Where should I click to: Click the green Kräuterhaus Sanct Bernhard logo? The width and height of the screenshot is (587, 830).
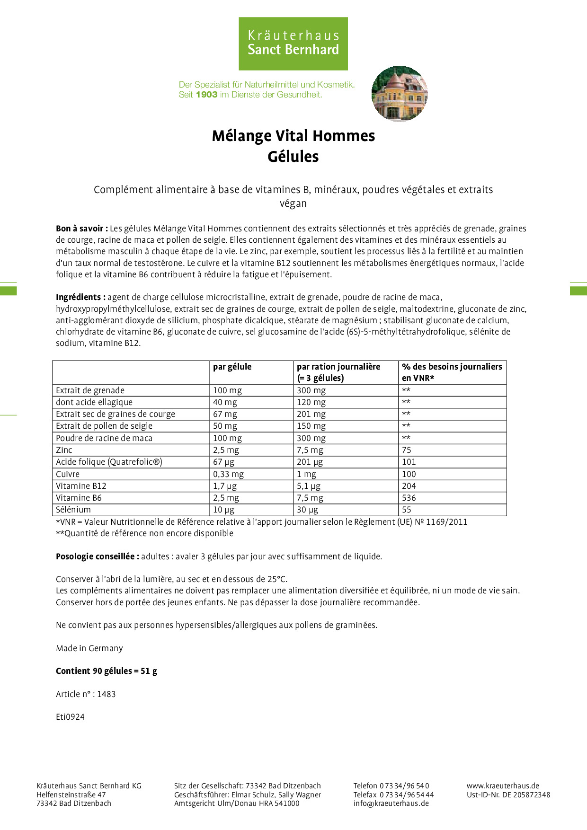click(293, 44)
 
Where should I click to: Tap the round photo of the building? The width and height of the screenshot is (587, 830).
click(399, 93)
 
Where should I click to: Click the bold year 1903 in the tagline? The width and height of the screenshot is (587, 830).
click(206, 95)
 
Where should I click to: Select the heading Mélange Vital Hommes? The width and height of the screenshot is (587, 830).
click(293, 136)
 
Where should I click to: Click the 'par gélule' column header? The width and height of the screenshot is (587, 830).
click(232, 367)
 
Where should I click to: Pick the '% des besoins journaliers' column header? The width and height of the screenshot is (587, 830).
click(452, 367)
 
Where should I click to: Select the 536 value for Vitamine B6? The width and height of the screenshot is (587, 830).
click(409, 498)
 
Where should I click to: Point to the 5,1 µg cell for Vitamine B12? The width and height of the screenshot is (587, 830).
click(308, 486)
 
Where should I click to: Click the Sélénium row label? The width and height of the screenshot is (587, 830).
click(73, 510)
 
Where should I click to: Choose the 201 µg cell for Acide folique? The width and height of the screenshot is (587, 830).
click(310, 462)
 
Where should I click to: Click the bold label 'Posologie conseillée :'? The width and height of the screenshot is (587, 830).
click(98, 556)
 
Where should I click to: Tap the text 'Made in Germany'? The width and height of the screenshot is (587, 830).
click(89, 648)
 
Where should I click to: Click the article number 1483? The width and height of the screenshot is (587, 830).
click(107, 694)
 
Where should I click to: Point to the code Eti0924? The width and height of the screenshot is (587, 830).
click(70, 717)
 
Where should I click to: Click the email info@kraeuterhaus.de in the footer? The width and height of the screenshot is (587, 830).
click(391, 803)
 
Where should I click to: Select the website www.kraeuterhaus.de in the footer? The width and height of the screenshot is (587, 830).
click(503, 786)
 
